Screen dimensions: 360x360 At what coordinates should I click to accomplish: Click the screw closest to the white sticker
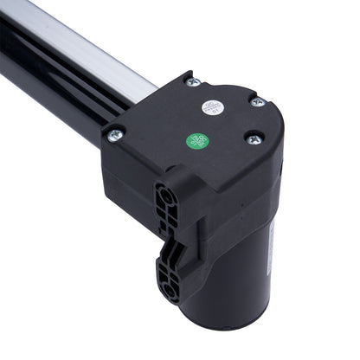click(256, 102)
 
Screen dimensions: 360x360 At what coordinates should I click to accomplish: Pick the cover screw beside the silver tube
click(192, 82)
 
